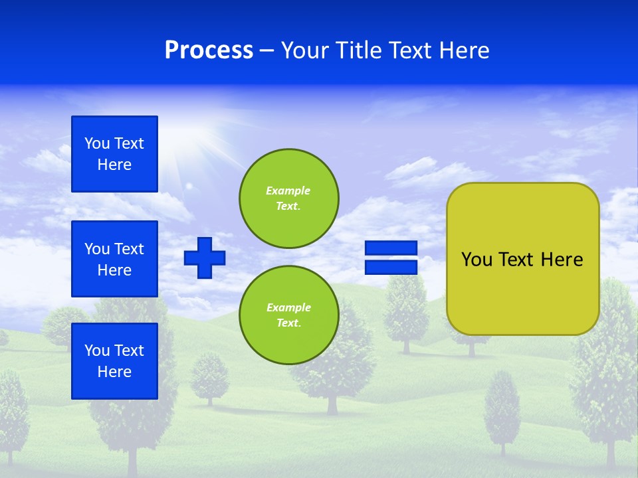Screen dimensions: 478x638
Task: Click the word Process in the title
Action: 209,50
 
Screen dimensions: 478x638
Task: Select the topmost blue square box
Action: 114,154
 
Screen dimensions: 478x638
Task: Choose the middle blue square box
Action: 114,259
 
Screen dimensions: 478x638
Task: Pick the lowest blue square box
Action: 114,361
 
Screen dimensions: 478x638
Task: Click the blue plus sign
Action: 205,258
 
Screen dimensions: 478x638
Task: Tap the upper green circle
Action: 289,199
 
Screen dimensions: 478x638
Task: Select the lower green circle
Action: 289,315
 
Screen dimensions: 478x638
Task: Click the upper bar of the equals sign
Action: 391,248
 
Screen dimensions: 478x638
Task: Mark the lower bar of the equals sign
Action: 391,267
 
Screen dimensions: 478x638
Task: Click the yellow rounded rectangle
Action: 523,292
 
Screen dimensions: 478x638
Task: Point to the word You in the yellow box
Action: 476,260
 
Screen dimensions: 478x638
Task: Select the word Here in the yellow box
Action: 562,260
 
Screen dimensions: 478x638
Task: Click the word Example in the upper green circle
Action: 288,191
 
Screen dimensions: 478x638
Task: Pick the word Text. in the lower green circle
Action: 288,323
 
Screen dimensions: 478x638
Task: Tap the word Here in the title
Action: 463,50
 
